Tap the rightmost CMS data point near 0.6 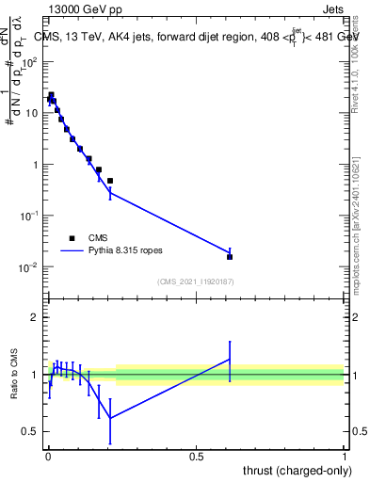[x=230, y=256]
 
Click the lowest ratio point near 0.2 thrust [x=110, y=418]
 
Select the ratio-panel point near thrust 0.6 [x=230, y=359]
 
